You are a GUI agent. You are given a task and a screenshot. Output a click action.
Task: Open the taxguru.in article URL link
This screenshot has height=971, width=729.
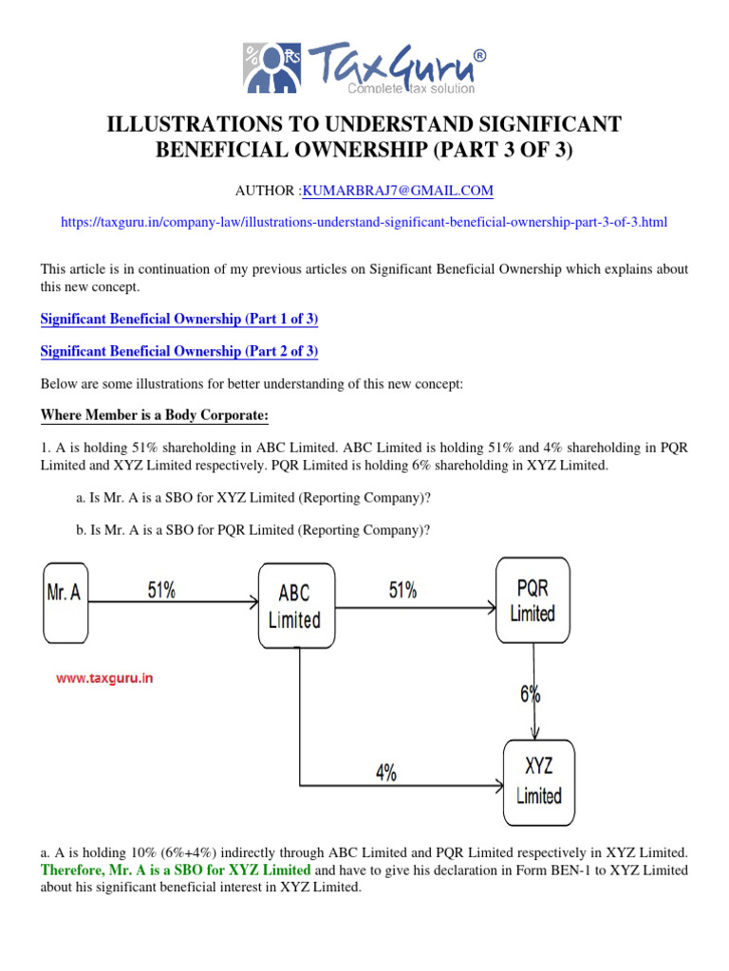coord(364,223)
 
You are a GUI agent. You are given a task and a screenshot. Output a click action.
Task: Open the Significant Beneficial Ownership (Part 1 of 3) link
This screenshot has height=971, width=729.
coord(178,320)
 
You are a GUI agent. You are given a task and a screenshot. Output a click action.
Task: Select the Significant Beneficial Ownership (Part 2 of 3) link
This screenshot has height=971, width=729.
coord(178,352)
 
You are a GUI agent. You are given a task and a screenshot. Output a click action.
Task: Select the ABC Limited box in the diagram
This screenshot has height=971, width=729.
coord(294,606)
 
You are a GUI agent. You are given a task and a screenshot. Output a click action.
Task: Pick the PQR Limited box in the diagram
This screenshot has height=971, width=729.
coord(532,600)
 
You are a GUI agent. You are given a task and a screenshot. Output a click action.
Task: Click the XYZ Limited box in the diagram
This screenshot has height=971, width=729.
coord(537,782)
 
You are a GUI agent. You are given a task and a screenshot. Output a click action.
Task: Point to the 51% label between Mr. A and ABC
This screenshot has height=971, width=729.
coord(160,590)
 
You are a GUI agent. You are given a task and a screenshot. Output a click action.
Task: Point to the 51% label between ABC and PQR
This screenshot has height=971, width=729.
coord(402,590)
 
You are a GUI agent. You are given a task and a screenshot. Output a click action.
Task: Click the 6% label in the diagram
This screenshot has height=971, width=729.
coord(530,694)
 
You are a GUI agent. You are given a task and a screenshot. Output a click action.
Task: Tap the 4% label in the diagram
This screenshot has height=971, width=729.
coord(385,773)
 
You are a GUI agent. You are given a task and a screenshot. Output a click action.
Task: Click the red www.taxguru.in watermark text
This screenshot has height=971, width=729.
coord(104,678)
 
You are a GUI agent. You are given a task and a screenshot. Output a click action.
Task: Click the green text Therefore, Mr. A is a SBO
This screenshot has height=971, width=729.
coord(176,870)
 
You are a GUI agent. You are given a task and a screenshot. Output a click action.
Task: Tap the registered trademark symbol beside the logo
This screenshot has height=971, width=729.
coord(480,55)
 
